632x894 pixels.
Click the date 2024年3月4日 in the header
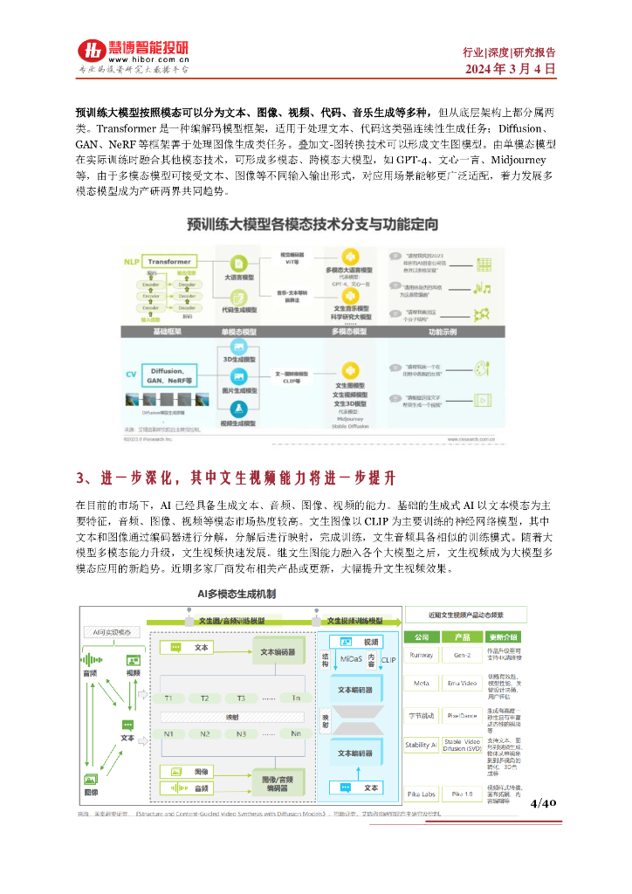(510, 69)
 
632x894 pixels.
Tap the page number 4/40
(543, 802)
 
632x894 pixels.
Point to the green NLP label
(131, 261)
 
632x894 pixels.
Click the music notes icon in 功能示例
(483, 289)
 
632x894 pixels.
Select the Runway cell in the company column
(422, 653)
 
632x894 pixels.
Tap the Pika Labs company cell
(422, 794)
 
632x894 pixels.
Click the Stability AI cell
(422, 745)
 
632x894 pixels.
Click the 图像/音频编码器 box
(279, 779)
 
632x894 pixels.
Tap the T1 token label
(168, 698)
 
